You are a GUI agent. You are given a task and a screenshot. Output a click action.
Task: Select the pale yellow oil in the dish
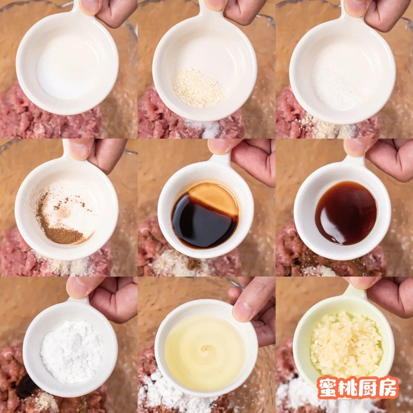pyautogui.click(x=205, y=352)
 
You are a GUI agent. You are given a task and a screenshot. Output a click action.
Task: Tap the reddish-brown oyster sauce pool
pyautogui.click(x=346, y=213)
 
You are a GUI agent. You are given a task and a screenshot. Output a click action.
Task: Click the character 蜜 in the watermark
pyautogui.click(x=330, y=387)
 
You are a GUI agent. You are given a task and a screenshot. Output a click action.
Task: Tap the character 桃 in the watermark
pyautogui.click(x=349, y=387)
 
